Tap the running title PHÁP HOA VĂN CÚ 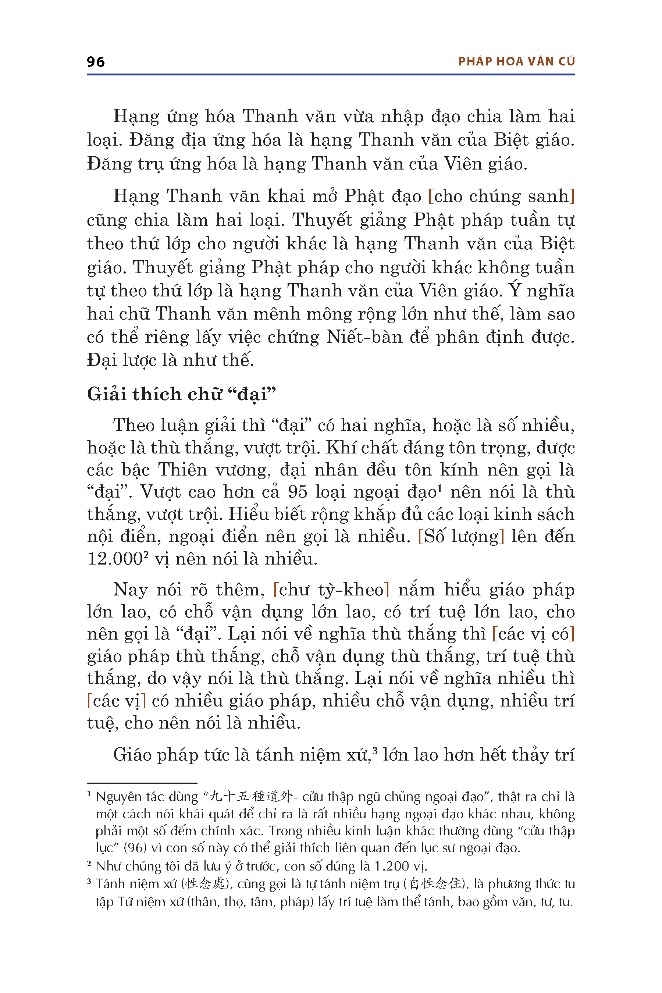point(516,62)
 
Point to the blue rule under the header point(331,75)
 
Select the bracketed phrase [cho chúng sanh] point(501,196)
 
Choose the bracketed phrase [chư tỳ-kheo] point(331,590)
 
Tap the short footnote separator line point(142,783)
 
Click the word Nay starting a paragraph point(130,590)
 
